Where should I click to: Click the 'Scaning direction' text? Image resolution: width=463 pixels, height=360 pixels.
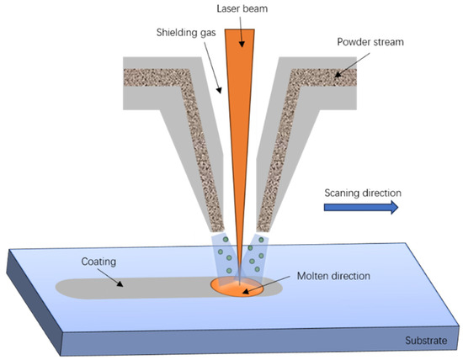tap(362, 193)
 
